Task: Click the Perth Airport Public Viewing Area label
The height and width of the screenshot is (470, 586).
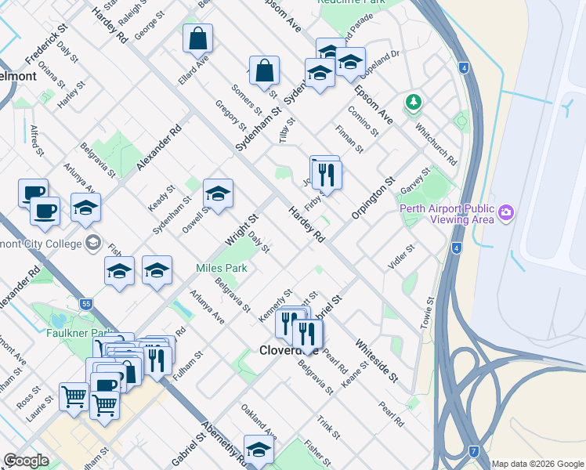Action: pyautogui.click(x=447, y=214)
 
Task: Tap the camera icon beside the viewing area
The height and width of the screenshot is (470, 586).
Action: pyautogui.click(x=506, y=212)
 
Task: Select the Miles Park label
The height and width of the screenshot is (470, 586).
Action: pyautogui.click(x=222, y=269)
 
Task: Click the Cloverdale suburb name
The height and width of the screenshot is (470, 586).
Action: pyautogui.click(x=288, y=351)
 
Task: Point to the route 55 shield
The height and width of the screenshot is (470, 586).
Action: pyautogui.click(x=86, y=302)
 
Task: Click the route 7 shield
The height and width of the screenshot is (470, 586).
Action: pyautogui.click(x=474, y=451)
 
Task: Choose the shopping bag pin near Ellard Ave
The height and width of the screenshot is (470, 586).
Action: pyautogui.click(x=197, y=38)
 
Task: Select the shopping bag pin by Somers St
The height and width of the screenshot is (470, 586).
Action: pyautogui.click(x=264, y=70)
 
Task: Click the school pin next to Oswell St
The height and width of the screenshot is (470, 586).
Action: pyautogui.click(x=218, y=193)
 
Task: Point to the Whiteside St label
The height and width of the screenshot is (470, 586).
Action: pyautogui.click(x=377, y=360)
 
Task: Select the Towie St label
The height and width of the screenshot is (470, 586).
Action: pyautogui.click(x=430, y=316)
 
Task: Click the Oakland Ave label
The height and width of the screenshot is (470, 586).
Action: pyautogui.click(x=259, y=421)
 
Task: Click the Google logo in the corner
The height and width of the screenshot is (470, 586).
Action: pyautogui.click(x=26, y=461)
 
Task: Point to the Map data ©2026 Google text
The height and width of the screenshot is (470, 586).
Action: pyautogui.click(x=537, y=464)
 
